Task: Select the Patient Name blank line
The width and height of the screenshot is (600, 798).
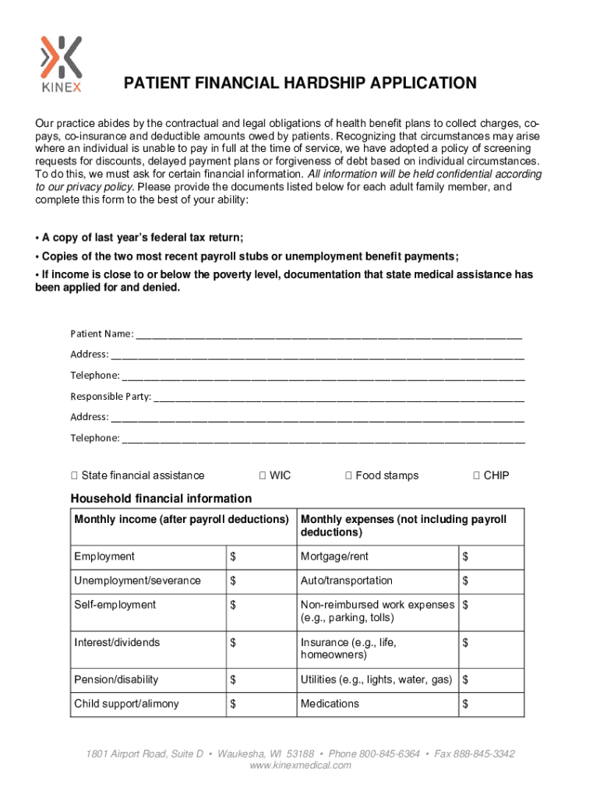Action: tap(328, 335)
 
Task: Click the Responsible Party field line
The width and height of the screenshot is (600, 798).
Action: tap(339, 397)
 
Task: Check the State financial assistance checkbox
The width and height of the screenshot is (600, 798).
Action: tap(74, 475)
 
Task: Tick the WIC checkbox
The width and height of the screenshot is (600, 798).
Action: tap(263, 475)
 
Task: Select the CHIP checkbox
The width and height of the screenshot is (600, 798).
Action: tap(476, 475)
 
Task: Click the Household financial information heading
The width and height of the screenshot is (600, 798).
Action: tap(161, 499)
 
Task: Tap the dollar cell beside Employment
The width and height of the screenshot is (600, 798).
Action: tap(259, 556)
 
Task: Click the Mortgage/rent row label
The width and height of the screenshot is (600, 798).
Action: tap(335, 556)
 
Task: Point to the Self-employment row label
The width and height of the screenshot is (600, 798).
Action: tap(115, 605)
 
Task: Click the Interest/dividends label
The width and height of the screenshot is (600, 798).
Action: tap(117, 642)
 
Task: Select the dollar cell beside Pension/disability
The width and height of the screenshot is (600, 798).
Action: tap(259, 680)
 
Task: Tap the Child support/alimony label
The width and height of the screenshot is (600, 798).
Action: tap(126, 704)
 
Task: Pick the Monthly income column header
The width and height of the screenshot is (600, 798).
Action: tap(181, 520)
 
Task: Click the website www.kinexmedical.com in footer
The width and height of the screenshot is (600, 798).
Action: tap(300, 765)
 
